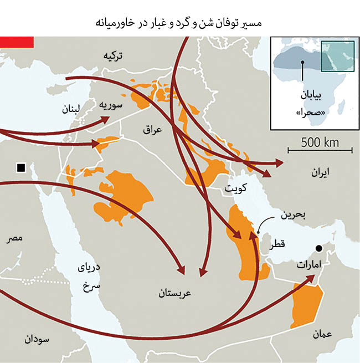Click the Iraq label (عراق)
point(151,130)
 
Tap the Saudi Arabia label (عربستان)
point(174,292)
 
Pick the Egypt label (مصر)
point(14,239)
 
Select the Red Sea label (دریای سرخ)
point(88,277)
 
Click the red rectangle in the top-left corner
point(17,42)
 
